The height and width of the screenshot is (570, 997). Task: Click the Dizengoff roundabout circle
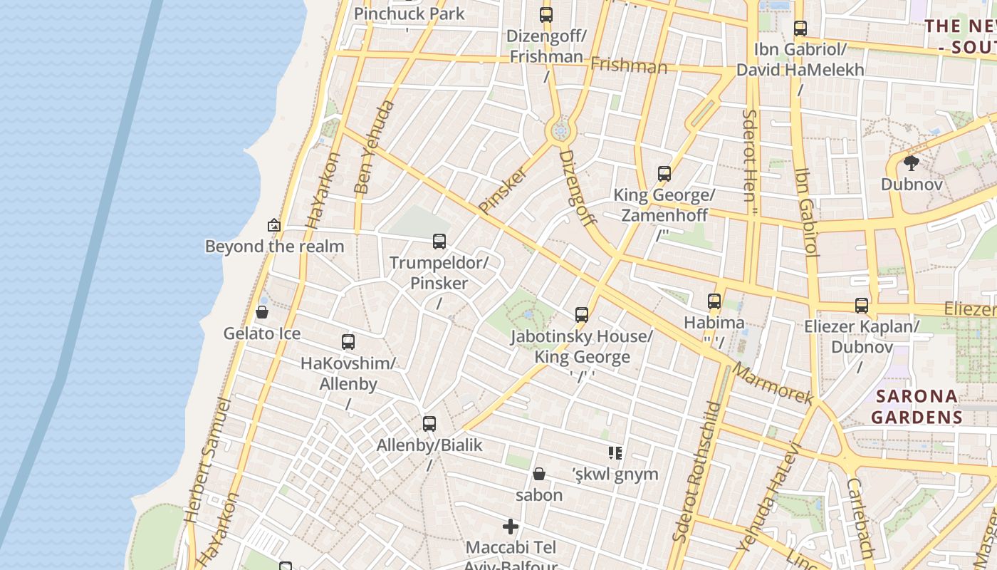(560, 131)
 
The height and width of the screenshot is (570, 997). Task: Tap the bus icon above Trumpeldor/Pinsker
(439, 242)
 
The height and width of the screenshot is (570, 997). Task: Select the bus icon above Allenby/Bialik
(429, 424)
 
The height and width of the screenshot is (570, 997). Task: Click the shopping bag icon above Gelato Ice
(262, 312)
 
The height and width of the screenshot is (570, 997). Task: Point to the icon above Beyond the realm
(274, 225)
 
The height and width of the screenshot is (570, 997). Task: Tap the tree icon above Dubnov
(911, 163)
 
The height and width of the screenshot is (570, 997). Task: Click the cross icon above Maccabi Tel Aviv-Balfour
(511, 527)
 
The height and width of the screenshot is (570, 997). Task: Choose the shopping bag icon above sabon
(539, 474)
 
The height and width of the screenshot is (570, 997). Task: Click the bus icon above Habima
(714, 301)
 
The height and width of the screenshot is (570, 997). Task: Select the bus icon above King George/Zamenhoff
(664, 174)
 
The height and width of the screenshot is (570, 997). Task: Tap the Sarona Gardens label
(917, 406)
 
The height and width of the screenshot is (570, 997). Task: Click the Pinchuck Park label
(409, 14)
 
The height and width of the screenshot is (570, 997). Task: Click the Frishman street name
(629, 66)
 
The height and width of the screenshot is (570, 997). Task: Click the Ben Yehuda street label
(374, 147)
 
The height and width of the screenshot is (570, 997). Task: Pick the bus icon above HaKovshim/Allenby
(348, 342)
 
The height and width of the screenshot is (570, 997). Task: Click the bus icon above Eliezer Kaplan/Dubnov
(862, 306)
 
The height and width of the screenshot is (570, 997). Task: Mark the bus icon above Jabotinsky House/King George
(582, 314)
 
